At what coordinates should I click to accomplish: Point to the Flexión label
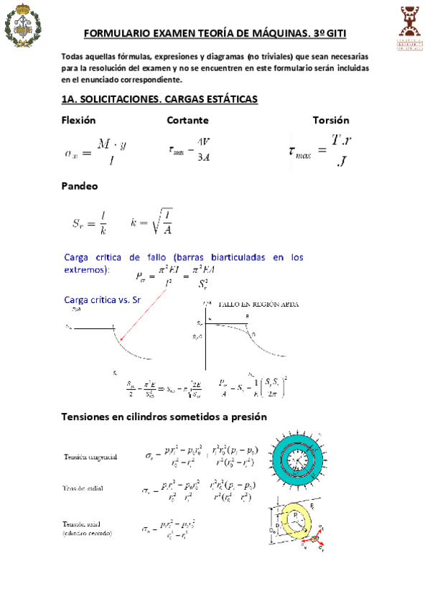(78, 120)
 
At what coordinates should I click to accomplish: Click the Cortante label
(187, 120)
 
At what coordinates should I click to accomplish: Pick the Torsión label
(331, 120)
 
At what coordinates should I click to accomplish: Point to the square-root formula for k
(151, 222)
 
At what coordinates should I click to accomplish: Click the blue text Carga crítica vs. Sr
(101, 299)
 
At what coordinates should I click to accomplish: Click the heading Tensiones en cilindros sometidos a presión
(164, 417)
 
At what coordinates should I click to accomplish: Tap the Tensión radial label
(83, 489)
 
